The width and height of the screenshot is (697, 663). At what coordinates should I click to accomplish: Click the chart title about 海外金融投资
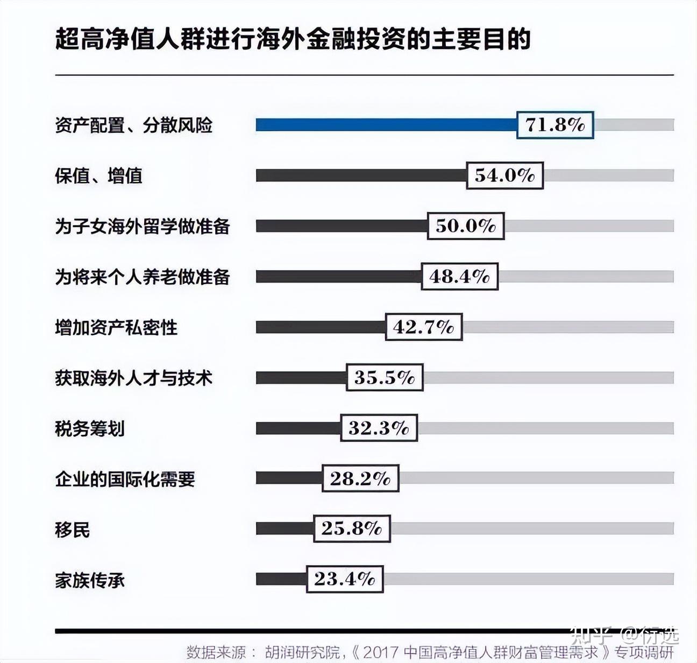(x=293, y=39)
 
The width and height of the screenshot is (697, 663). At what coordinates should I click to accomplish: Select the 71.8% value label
(x=554, y=125)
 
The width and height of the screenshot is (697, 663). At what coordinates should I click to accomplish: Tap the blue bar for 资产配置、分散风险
(x=386, y=125)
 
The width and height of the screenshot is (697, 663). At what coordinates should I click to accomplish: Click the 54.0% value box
(x=504, y=175)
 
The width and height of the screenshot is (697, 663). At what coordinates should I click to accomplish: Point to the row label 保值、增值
(x=98, y=176)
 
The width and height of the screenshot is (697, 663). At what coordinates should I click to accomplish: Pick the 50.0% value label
(x=466, y=225)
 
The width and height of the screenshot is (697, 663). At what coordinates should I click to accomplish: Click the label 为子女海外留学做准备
(x=143, y=227)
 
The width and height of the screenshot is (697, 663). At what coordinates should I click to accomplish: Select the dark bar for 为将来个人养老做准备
(x=338, y=277)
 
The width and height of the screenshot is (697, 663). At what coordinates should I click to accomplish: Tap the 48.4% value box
(x=459, y=277)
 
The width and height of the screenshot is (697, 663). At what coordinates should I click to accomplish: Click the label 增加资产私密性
(x=116, y=327)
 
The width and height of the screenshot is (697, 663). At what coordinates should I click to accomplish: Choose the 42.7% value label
(x=423, y=327)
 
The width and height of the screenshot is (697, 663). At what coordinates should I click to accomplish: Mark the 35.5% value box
(x=385, y=377)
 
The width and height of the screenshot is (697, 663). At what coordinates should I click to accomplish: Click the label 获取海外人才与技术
(x=133, y=378)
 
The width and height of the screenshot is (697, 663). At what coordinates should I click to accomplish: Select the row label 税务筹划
(x=90, y=428)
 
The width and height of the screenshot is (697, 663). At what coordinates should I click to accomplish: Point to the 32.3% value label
(x=379, y=428)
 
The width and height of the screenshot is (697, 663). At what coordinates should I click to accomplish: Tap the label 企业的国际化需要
(x=125, y=479)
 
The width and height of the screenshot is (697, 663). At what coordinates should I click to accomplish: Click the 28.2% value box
(x=360, y=478)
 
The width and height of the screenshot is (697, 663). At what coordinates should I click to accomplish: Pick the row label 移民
(x=72, y=530)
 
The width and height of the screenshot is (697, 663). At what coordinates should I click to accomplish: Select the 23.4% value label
(x=344, y=579)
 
